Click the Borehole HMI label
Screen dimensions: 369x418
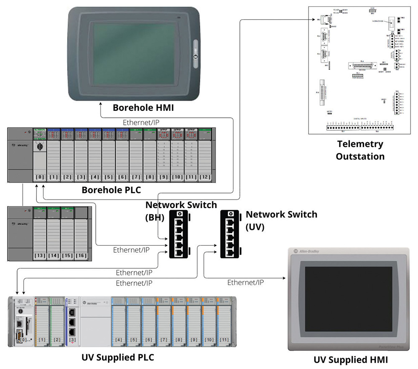[143, 108]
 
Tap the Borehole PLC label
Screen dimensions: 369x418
[111, 190]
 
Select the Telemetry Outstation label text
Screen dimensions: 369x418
[360, 150]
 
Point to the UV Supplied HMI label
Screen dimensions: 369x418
[350, 360]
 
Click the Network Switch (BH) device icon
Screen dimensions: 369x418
[180, 234]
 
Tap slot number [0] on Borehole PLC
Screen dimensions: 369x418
[40, 177]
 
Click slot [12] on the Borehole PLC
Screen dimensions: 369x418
[205, 177]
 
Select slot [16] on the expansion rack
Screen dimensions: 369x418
[81, 255]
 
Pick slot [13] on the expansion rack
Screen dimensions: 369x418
[40, 255]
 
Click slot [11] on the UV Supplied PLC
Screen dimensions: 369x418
[224, 340]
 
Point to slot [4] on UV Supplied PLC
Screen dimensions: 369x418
[119, 340]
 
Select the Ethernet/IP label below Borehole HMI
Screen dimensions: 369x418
[141, 122]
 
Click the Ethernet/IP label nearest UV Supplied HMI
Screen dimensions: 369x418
[245, 283]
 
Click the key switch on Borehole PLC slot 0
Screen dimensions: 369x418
[41, 146]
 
